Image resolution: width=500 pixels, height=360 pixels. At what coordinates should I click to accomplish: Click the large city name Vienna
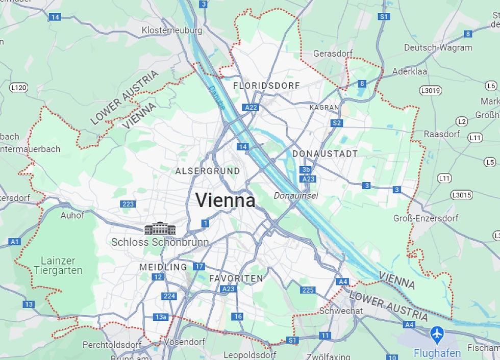[x=225, y=200]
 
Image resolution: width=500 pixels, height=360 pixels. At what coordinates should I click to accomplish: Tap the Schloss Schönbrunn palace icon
[x=160, y=229]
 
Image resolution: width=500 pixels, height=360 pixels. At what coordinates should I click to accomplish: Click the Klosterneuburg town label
[x=172, y=30]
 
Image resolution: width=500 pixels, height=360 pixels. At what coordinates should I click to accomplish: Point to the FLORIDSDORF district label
[x=266, y=86]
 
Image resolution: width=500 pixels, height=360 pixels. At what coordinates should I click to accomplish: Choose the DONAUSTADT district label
[x=325, y=153]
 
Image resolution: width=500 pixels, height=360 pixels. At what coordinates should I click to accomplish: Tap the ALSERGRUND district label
[x=207, y=171]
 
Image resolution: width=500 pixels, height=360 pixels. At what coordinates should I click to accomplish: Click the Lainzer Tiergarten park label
[x=58, y=266]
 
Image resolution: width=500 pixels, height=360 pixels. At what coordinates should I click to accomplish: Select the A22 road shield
[x=251, y=107]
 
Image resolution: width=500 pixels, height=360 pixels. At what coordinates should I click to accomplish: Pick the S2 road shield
[x=336, y=123]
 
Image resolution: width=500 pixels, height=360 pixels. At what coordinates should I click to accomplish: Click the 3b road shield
[x=306, y=170]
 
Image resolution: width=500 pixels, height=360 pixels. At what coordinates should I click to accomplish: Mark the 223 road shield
[x=128, y=204]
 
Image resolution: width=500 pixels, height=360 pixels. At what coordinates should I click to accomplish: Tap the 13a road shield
[x=161, y=317]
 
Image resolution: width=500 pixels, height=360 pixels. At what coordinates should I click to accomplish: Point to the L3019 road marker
[x=430, y=90]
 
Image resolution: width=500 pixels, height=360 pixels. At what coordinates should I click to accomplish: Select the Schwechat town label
[x=341, y=311]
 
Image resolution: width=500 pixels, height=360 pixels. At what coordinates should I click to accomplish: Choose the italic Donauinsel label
[x=296, y=195]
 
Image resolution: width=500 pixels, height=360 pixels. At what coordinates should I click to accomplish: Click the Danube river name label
[x=216, y=97]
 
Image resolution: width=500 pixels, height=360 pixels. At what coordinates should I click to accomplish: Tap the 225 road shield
[x=308, y=290]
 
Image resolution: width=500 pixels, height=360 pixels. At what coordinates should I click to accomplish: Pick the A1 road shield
[x=15, y=241]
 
